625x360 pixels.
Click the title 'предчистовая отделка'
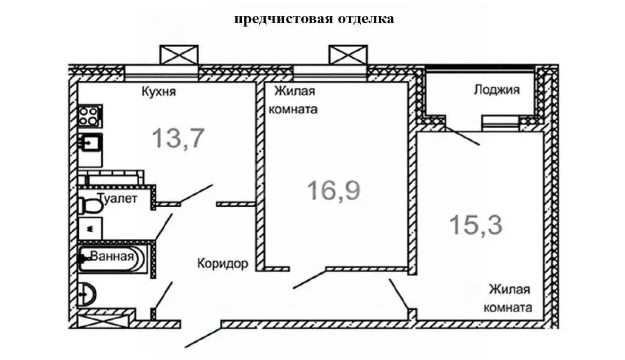314,19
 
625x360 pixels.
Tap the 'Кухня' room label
159,92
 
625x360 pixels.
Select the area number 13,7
177,139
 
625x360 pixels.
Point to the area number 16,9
334,191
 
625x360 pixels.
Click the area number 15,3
476,225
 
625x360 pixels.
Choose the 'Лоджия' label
496,90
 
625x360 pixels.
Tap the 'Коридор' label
222,264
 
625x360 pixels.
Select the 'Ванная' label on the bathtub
112,256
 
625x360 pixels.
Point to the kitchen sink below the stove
90,145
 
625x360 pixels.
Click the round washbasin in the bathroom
87,295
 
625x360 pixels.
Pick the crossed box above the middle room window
348,54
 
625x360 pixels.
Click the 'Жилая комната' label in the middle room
295,101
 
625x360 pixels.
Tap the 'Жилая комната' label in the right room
507,298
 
